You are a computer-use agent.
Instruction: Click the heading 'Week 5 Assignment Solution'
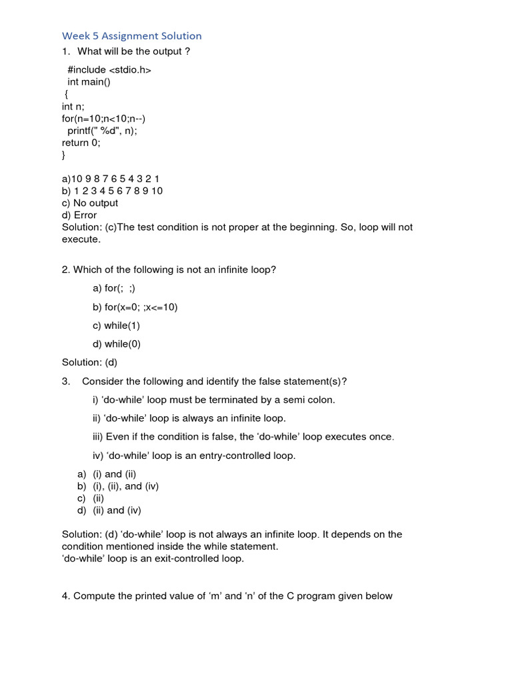click(x=131, y=36)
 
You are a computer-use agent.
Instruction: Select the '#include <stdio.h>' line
click(x=109, y=70)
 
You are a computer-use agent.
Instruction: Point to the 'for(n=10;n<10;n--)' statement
click(x=103, y=119)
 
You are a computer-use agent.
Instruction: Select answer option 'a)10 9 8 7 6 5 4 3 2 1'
click(x=111, y=179)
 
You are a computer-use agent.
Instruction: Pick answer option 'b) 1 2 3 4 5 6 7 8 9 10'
click(x=112, y=191)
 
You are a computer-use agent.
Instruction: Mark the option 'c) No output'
click(x=90, y=203)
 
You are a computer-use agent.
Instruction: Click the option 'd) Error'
click(x=79, y=215)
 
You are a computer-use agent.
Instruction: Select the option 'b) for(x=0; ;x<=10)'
click(x=135, y=307)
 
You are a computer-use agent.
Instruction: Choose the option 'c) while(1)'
click(x=117, y=325)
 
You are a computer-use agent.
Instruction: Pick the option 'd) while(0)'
click(x=117, y=344)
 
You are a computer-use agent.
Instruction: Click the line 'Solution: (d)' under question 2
click(x=89, y=362)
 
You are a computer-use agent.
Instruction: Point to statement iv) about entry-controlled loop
click(x=194, y=456)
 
